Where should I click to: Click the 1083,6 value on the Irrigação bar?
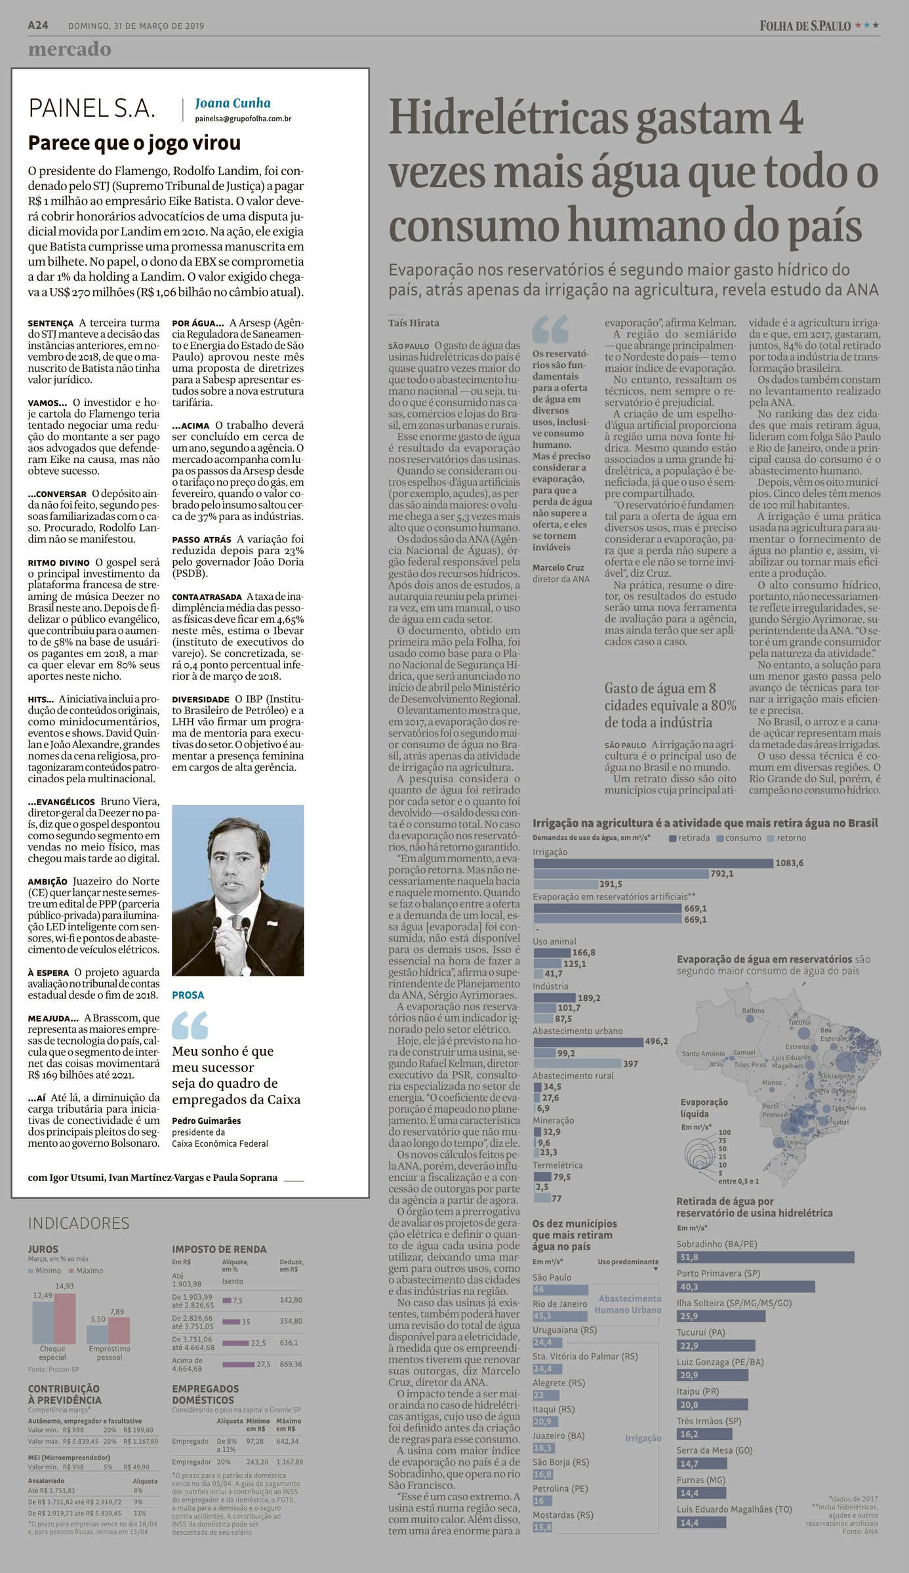point(789,863)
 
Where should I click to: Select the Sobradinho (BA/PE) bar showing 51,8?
point(765,1257)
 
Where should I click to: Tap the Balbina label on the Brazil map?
point(753,1010)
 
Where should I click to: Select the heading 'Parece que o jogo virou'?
point(134,143)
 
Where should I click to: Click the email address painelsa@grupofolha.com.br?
point(243,119)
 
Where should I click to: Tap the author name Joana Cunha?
point(233,103)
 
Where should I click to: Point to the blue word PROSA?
point(188,995)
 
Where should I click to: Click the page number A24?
point(38,26)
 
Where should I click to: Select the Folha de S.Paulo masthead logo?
point(805,26)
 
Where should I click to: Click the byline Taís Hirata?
point(413,323)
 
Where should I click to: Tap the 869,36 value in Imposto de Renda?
point(291,1364)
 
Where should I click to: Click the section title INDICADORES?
point(79,1223)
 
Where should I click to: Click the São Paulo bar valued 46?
point(560,1289)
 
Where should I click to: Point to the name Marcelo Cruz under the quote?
point(558,568)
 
